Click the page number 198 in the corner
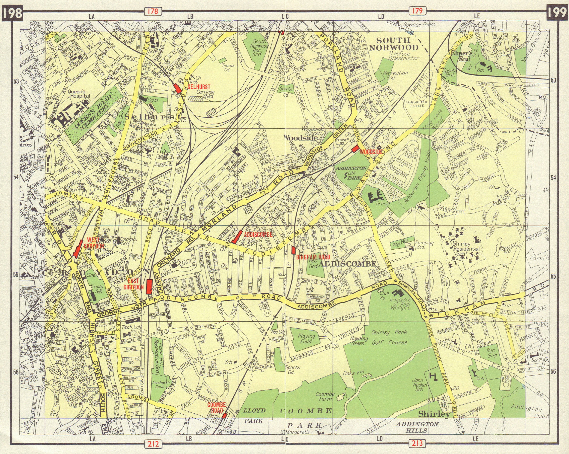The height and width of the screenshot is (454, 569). click(x=12, y=12)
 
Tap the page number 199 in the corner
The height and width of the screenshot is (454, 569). click(x=557, y=12)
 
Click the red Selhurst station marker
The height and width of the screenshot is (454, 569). click(x=177, y=89)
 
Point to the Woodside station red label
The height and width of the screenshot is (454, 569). click(x=371, y=152)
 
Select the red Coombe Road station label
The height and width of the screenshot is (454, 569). click(x=217, y=407)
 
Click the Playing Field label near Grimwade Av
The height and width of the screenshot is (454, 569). click(x=306, y=338)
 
